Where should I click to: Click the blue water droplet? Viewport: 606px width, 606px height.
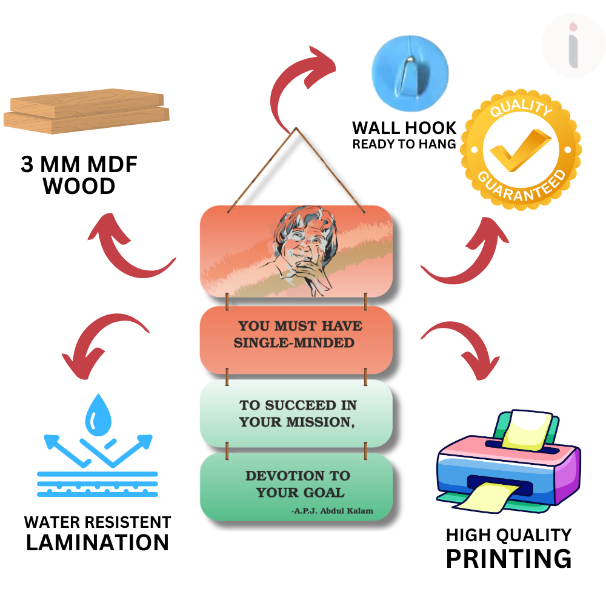97,416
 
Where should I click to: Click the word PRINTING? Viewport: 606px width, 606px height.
508,558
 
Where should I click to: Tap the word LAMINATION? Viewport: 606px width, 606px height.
97,542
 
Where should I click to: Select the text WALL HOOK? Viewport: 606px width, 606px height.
404,128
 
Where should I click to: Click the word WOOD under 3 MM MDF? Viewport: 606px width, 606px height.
79,187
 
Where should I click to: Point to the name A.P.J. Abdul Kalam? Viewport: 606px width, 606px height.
332,511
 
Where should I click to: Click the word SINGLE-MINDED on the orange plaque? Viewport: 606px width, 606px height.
294,343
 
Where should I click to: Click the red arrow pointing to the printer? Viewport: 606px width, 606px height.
461,348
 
